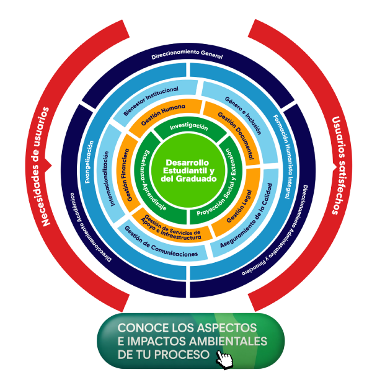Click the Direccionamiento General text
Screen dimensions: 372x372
point(187,56)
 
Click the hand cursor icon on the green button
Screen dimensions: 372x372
point(224,358)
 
